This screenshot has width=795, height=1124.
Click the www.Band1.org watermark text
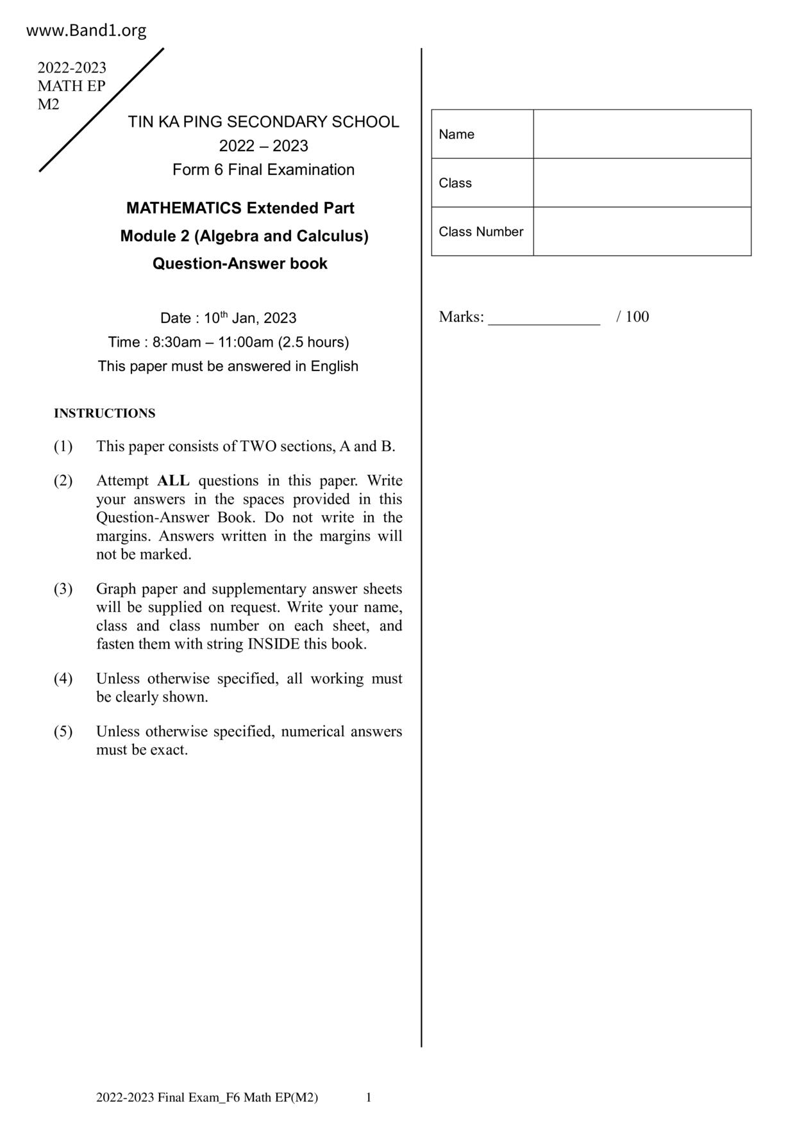(x=86, y=30)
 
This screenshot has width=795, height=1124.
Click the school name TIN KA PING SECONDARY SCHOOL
(x=263, y=122)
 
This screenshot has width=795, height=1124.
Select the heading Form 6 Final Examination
(x=263, y=170)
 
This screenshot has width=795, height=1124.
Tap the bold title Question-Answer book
(x=240, y=263)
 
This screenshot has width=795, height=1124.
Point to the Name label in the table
(x=456, y=135)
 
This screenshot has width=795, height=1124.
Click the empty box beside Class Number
(x=642, y=231)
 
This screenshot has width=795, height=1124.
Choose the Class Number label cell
(x=481, y=231)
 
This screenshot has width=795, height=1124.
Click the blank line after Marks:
(x=544, y=318)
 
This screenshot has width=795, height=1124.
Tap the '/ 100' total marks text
(x=633, y=317)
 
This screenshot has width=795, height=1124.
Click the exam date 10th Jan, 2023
(x=250, y=318)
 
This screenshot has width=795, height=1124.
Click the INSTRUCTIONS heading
(x=105, y=413)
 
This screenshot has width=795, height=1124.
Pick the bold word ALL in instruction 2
(x=173, y=481)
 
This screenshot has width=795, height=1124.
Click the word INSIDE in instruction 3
(x=273, y=644)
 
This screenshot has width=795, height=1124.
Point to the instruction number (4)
(x=63, y=679)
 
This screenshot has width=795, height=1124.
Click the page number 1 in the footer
(x=369, y=1097)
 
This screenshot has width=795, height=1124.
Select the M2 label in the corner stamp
(x=48, y=104)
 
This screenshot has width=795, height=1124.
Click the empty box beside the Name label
(x=642, y=134)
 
